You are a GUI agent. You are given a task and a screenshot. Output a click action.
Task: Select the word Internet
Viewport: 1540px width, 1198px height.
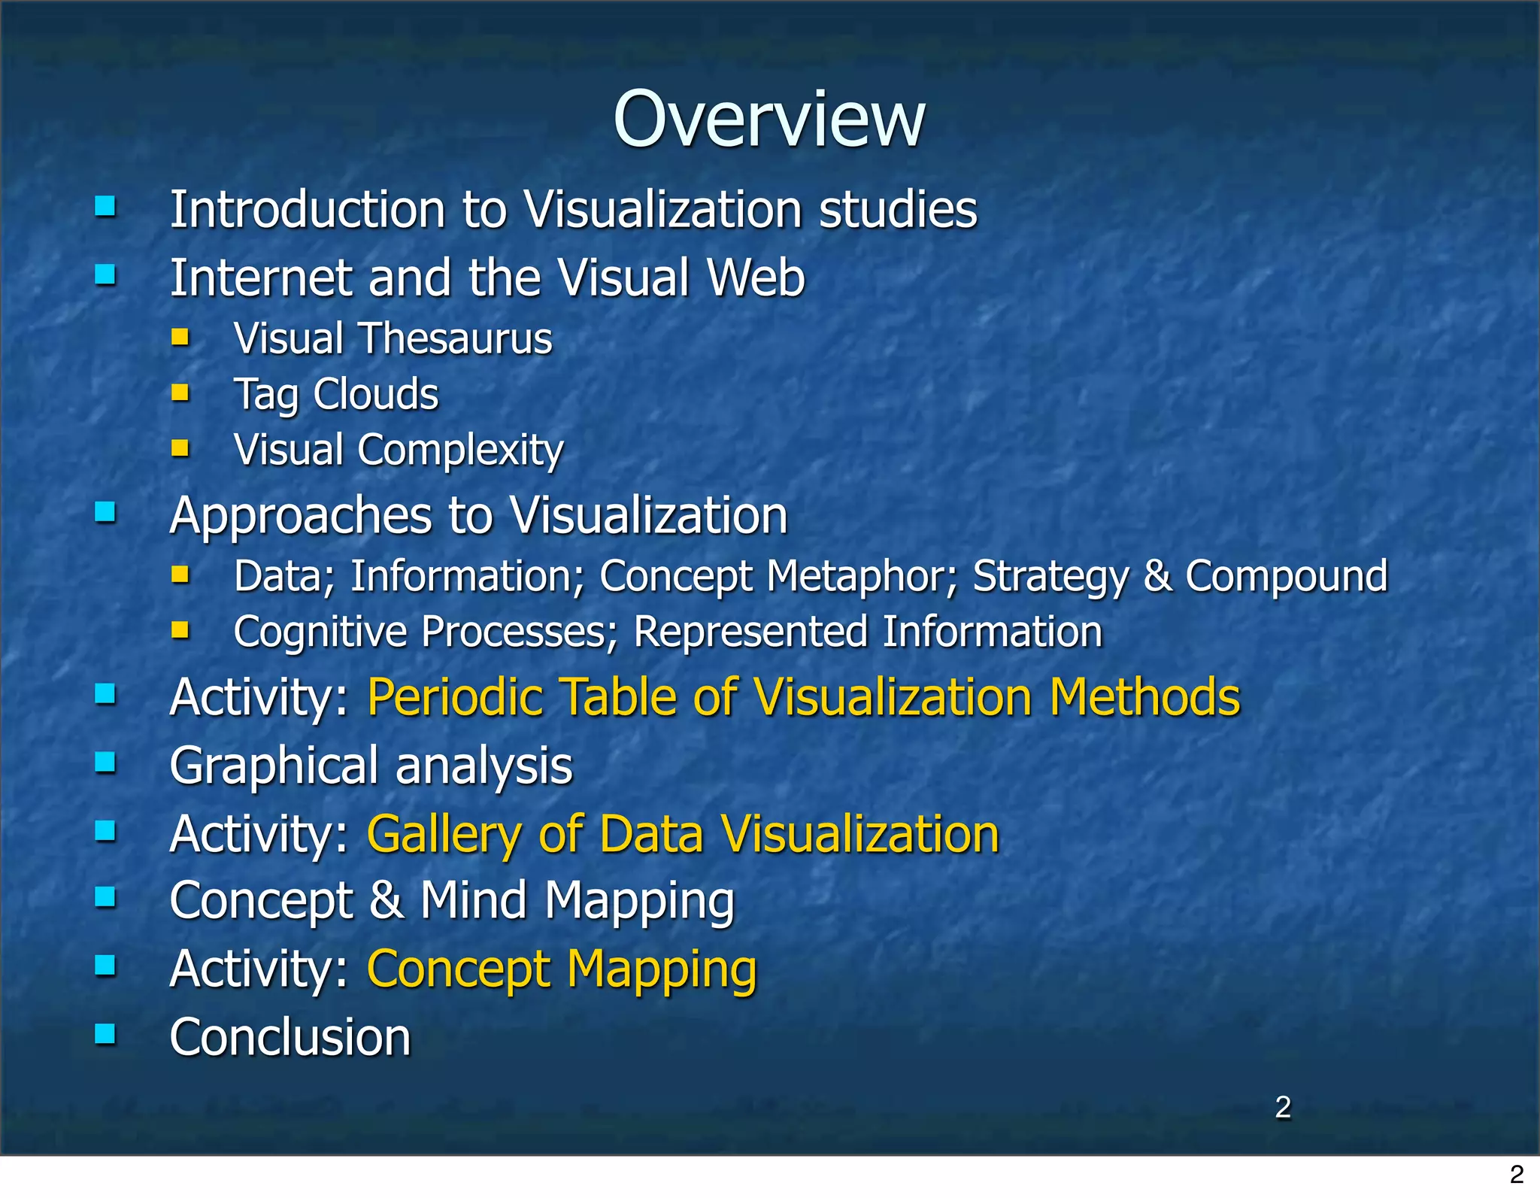260,278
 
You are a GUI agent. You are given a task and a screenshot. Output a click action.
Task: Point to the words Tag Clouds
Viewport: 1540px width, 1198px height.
336,394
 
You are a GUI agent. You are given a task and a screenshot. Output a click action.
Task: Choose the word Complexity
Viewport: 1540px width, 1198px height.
460,450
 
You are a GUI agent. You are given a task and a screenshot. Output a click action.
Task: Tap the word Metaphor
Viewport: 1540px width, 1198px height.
862,576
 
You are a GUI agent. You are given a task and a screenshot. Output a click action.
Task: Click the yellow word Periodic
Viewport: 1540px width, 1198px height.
455,697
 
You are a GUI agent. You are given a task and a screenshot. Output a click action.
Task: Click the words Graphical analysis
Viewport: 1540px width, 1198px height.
371,766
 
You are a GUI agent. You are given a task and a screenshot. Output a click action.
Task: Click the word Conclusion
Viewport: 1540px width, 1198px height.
290,1037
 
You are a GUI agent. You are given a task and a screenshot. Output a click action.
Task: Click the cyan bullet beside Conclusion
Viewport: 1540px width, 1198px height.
105,1034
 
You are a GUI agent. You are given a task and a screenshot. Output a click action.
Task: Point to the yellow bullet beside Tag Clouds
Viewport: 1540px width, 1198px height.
180,392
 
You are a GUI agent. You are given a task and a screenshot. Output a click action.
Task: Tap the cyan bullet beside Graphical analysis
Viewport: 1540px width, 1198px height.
105,763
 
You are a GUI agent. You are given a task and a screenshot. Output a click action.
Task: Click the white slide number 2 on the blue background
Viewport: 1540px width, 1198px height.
1283,1107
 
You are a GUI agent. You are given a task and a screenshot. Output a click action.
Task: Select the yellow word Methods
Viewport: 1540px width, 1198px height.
1144,697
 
